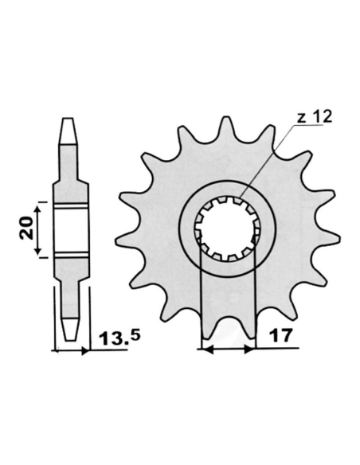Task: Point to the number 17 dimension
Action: click(x=279, y=337)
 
